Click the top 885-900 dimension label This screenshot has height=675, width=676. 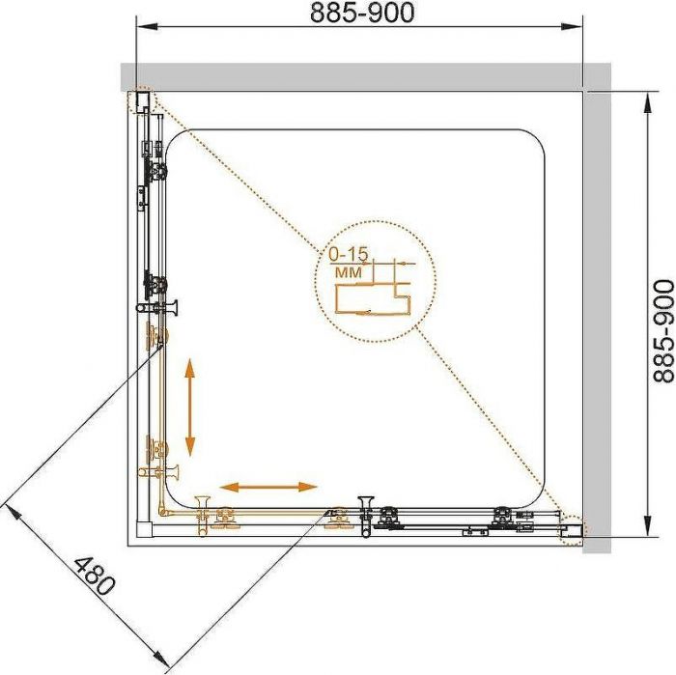(x=362, y=13)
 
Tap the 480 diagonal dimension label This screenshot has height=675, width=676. (x=95, y=577)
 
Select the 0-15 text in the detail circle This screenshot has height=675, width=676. (x=349, y=254)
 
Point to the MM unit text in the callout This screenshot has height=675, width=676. (x=349, y=272)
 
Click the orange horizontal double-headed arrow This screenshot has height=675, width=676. (x=268, y=487)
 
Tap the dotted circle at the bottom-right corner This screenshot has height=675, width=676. (x=573, y=530)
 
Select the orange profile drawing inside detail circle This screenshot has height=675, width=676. (x=373, y=298)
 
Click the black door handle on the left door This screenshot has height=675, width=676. (x=156, y=308)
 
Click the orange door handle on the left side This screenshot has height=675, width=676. (x=157, y=472)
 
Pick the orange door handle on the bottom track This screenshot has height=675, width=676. (x=202, y=516)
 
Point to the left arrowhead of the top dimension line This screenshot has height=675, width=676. (x=146, y=27)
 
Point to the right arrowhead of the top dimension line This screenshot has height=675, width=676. (x=572, y=27)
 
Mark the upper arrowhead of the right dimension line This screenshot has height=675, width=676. (x=648, y=103)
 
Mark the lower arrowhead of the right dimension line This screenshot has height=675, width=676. (x=648, y=526)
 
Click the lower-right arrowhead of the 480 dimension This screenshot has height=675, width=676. (x=161, y=659)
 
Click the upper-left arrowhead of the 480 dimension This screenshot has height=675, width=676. (x=12, y=515)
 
